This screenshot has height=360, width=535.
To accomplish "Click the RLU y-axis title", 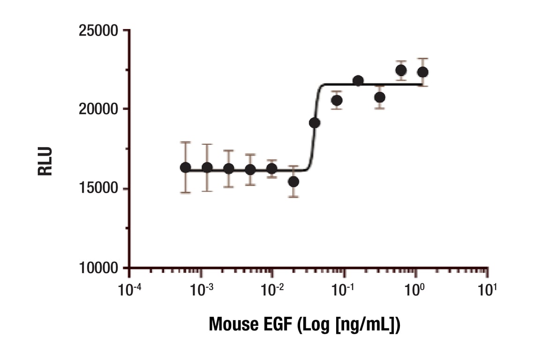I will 45,161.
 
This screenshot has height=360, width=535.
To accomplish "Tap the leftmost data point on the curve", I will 186,167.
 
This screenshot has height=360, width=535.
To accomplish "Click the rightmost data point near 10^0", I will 422,72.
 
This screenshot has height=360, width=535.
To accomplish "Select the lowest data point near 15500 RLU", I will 294,181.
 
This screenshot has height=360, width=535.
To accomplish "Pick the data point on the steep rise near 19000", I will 315,123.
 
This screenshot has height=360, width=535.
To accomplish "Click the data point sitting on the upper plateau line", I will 358,81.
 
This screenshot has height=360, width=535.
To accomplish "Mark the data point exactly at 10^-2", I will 271,168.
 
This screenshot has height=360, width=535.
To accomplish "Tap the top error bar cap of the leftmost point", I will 186,142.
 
